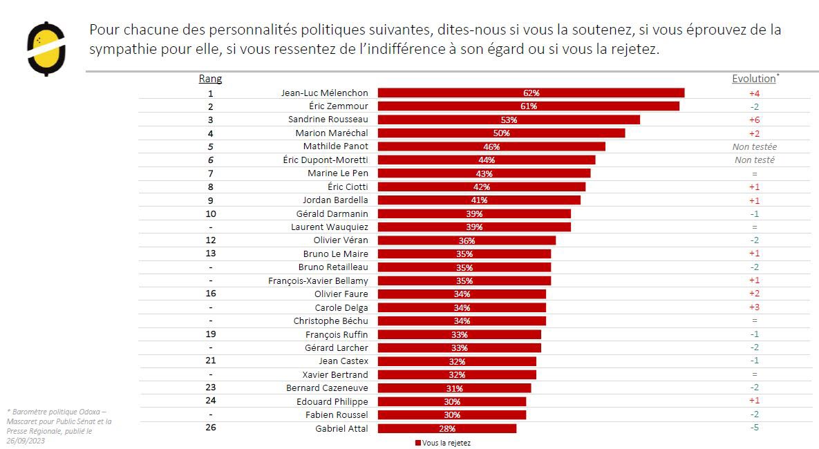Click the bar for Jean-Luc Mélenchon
(x=531, y=93)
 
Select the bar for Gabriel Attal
(x=446, y=428)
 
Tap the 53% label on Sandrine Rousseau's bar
(x=509, y=120)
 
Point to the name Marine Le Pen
(x=338, y=173)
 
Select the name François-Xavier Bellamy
(x=318, y=280)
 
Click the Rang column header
(x=210, y=79)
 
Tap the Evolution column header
(x=753, y=79)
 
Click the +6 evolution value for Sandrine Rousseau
(x=754, y=120)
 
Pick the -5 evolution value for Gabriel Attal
(x=754, y=428)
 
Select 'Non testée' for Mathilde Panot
(x=754, y=146)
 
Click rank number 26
(x=210, y=428)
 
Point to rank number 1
(x=210, y=93)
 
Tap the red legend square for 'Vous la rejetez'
(x=418, y=443)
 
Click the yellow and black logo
(x=46, y=48)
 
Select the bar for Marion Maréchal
(x=501, y=133)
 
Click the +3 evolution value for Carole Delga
(x=754, y=307)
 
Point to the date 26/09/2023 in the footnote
(x=26, y=440)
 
